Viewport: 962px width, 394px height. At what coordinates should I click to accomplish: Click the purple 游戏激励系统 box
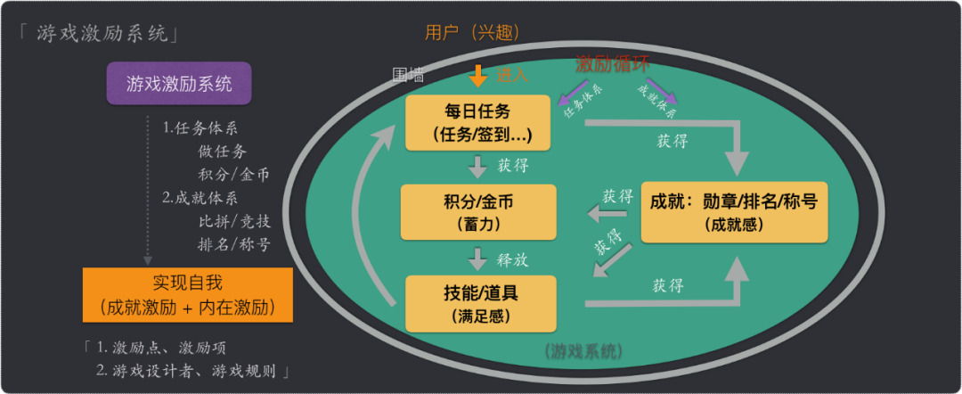point(179,85)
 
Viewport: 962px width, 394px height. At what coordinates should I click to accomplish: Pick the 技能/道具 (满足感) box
point(480,304)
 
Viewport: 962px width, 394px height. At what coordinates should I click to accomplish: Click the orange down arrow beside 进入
point(478,76)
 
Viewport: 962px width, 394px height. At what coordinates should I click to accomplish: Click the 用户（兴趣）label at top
point(472,33)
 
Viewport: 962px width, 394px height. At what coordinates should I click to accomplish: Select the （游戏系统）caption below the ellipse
point(583,350)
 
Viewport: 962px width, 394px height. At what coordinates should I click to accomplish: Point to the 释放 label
point(513,260)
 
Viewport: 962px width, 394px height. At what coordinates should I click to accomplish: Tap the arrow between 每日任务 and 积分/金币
point(478,166)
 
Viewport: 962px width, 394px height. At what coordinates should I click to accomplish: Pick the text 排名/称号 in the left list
point(233,243)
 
